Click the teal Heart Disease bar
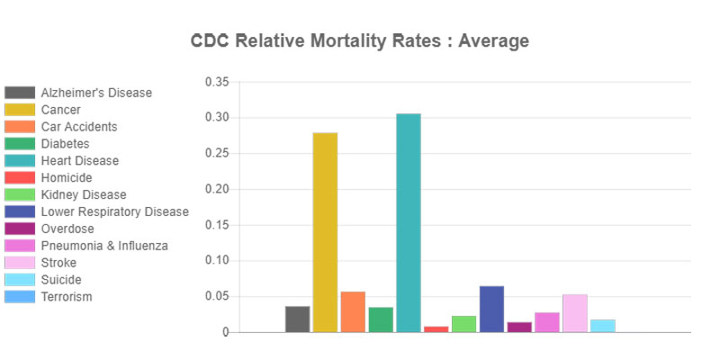coord(408,223)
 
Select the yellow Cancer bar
coord(325,232)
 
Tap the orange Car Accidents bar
coord(353,311)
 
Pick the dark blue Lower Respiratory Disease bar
coord(491,309)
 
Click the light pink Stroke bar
coord(575,313)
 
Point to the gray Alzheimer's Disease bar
coord(297,319)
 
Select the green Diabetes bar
coord(381,319)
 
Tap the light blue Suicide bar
coord(603,326)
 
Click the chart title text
coord(360,41)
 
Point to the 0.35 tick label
coord(217,82)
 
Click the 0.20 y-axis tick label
coord(217,189)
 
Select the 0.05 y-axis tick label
coord(217,296)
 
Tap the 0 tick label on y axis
coord(226,332)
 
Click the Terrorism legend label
coord(66,297)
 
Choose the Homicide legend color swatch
coord(20,177)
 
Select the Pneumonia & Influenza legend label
coord(103,246)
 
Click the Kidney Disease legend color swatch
coord(20,194)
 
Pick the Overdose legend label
coord(67,229)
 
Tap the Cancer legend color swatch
coord(20,110)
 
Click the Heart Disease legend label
coord(79,160)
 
